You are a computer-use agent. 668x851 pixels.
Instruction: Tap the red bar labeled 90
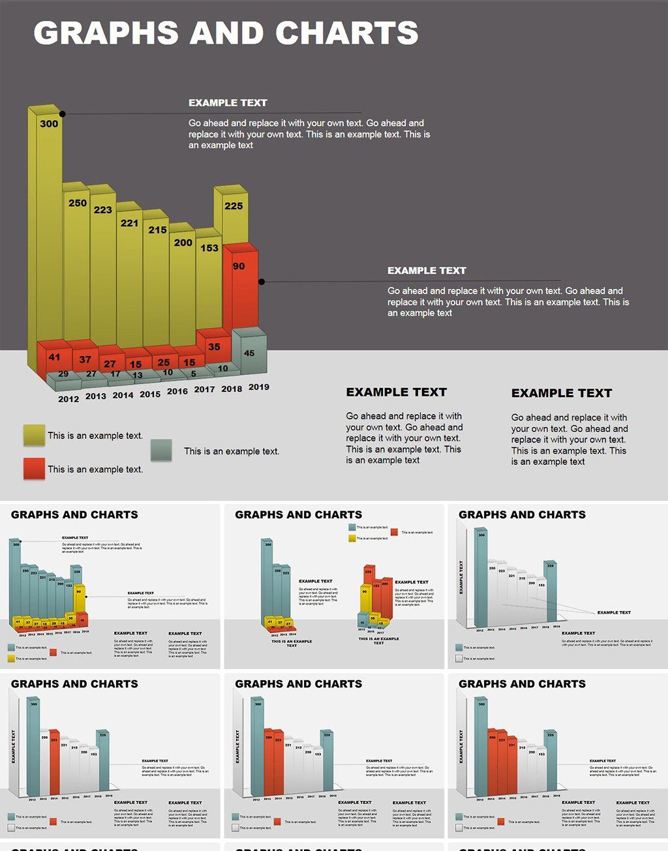(239, 287)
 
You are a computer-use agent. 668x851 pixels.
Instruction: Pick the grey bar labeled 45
(249, 353)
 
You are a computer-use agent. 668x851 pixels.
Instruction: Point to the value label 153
(209, 248)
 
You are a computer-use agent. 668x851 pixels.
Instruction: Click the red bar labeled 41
(53, 357)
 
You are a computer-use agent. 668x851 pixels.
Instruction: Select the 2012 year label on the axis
(68, 399)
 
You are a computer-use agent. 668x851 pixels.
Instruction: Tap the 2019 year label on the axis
(259, 387)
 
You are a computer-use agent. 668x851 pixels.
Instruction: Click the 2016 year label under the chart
(177, 391)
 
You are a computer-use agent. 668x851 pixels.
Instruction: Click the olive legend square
(34, 435)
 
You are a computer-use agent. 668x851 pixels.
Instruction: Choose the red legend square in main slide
(34, 468)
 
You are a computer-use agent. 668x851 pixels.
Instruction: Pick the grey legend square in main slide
(161, 450)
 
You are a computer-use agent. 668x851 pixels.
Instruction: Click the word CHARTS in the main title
(346, 33)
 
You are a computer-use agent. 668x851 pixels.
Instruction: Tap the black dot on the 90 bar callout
(262, 282)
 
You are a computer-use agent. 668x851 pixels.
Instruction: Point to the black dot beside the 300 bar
(63, 113)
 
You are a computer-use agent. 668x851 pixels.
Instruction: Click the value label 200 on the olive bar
(183, 243)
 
